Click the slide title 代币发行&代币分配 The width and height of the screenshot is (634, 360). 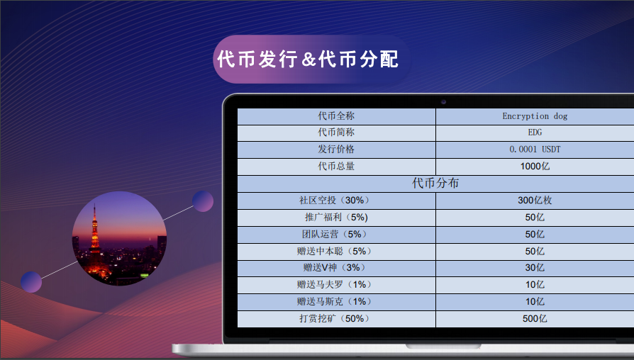point(308,59)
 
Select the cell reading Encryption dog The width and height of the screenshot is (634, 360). point(535,116)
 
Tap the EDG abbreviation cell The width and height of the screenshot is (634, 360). point(535,133)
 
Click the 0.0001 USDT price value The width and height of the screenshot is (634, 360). point(535,150)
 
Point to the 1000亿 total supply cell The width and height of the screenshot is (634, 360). point(535,167)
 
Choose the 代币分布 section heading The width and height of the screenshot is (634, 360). point(435,183)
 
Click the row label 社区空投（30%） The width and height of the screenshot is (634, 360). point(335,201)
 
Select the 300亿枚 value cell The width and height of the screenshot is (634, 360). point(535,201)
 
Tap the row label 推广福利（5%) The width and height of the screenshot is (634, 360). point(335,217)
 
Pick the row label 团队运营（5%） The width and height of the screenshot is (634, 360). point(335,234)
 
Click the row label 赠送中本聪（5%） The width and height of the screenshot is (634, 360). point(335,251)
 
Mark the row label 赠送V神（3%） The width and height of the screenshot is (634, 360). point(335,268)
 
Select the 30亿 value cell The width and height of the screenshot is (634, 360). point(535,268)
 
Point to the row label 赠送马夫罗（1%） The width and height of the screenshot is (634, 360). point(335,285)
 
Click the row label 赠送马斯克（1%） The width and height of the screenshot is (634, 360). point(335,302)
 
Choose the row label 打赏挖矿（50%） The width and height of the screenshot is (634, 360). point(335,319)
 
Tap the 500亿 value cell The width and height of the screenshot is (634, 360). point(535,319)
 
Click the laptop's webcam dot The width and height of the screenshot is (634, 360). point(443,101)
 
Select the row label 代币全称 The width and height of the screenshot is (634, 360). point(335,116)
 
